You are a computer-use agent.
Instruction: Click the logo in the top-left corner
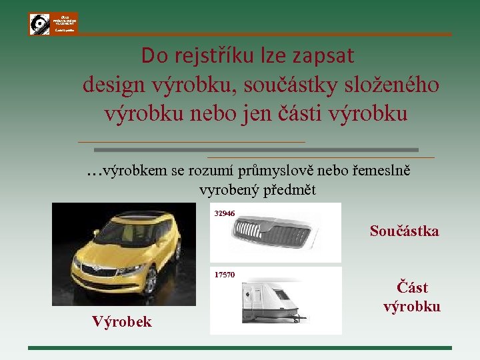coord(53,23)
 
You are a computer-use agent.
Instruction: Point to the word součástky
coord(293,85)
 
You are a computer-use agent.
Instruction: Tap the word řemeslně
coord(378,171)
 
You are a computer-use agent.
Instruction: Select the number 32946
coord(225,213)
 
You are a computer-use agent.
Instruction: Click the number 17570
coord(225,275)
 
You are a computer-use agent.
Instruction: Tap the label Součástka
coord(404,231)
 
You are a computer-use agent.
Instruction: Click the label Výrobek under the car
coord(121,322)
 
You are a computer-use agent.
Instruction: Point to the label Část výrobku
coord(411,297)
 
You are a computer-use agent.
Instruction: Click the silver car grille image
coord(271,234)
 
